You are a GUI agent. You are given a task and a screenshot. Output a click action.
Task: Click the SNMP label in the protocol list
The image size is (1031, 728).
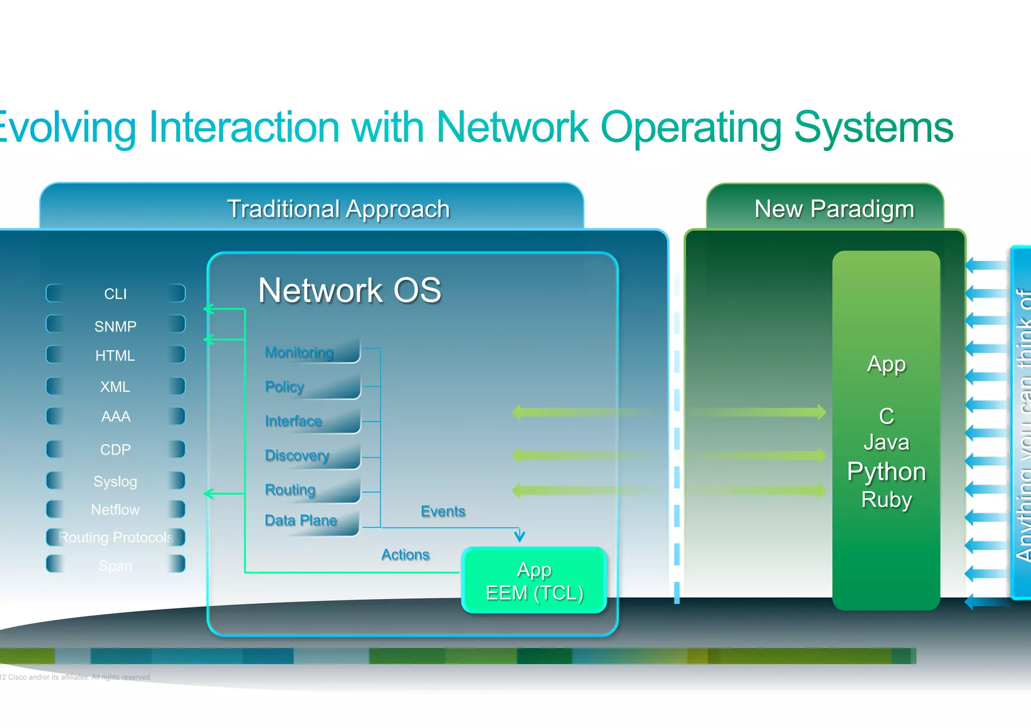[x=115, y=326]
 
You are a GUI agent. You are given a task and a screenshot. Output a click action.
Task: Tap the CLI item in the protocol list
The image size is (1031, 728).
[x=115, y=294]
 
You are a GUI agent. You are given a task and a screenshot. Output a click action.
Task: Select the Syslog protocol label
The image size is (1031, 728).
[x=115, y=481]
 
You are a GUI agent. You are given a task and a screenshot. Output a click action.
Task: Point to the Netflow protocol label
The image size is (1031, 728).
[x=115, y=510]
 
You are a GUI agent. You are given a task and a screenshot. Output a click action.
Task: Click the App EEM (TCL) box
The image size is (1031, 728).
[x=534, y=581]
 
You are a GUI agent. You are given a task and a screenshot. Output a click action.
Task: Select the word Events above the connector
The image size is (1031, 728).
[x=443, y=511]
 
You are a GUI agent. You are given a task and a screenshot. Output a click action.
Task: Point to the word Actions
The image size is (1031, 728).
[x=405, y=554]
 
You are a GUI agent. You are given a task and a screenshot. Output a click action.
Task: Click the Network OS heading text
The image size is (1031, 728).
[x=349, y=290]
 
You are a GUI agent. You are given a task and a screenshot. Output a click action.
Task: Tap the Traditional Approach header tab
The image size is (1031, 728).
[x=338, y=209]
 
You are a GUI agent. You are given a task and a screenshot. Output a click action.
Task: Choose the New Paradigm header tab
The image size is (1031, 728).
[x=834, y=209]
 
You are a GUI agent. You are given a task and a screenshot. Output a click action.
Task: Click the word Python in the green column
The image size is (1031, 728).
[x=887, y=472]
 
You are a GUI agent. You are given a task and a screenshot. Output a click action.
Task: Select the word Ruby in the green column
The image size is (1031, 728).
[x=887, y=500]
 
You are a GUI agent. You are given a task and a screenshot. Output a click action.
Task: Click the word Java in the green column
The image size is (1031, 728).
[x=887, y=443]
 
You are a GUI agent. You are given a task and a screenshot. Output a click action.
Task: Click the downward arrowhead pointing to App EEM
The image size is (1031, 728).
[x=520, y=537]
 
